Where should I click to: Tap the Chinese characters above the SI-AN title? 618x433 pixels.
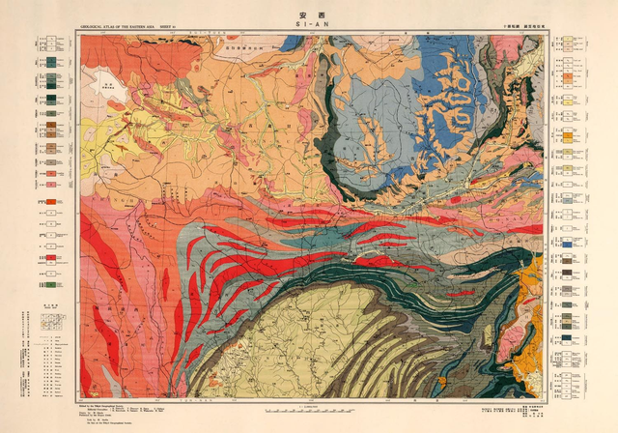coord(308,13)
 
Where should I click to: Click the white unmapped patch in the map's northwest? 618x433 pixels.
coord(107,95)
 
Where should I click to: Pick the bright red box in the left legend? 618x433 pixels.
coord(47,203)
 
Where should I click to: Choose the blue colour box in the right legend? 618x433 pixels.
coord(573,245)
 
